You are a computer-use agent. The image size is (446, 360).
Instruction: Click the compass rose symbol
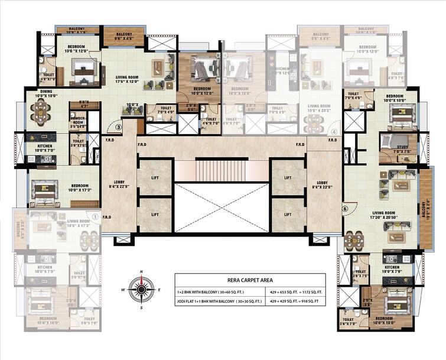141,290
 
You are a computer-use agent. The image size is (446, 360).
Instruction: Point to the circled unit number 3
118,126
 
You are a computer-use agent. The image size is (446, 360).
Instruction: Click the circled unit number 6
345,208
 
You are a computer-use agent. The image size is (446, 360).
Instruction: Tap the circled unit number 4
334,132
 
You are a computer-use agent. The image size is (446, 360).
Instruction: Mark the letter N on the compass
141,272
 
